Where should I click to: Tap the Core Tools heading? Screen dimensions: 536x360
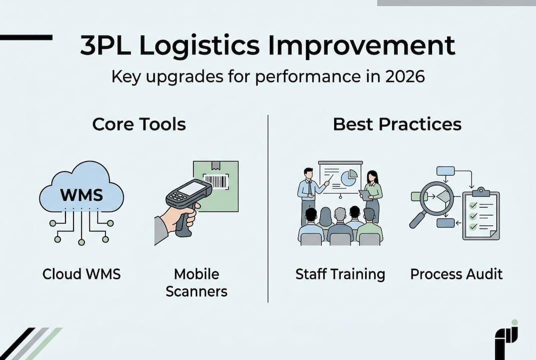[x=139, y=124]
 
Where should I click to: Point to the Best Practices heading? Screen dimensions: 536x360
[x=397, y=124]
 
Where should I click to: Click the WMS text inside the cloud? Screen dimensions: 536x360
[x=82, y=195]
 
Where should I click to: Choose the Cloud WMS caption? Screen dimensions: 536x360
[x=82, y=274]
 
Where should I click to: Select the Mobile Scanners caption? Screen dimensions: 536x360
[x=196, y=282]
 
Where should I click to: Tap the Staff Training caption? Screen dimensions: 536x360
[x=340, y=274]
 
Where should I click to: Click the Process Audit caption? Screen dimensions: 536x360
[x=457, y=274]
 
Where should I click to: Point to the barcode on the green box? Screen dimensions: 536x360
[x=216, y=181]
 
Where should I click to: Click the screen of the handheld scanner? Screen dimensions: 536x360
[x=192, y=188]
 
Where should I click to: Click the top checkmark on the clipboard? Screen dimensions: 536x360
[x=473, y=205]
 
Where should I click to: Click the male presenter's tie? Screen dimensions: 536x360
[x=309, y=187]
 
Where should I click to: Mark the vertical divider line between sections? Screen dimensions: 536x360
[x=268, y=208]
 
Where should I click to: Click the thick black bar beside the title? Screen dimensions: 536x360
[x=26, y=37]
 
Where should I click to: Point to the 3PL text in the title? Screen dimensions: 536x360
[x=105, y=45]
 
